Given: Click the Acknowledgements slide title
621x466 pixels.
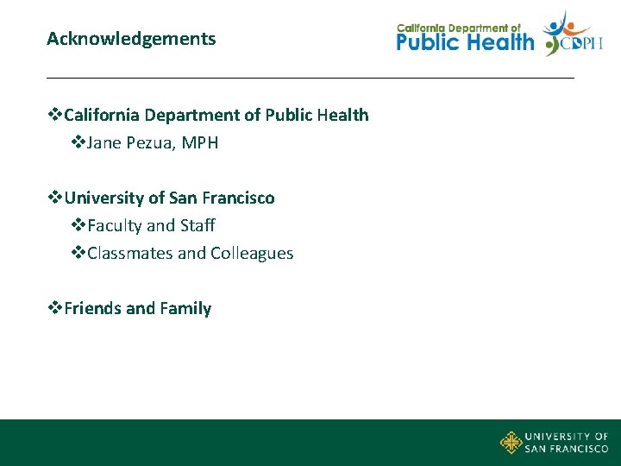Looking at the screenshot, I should click(131, 39).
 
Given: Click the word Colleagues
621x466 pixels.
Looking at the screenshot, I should click(252, 254).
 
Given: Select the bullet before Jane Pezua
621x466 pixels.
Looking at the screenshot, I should click(78, 143).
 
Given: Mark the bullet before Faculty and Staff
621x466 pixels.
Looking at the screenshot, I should click(78, 226).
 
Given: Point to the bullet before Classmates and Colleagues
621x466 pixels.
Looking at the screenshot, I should click(78, 254).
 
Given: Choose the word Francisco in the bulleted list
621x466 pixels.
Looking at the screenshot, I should click(239, 198).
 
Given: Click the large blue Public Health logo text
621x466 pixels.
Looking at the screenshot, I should click(465, 41).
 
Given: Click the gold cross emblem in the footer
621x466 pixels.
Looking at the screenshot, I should click(511, 443).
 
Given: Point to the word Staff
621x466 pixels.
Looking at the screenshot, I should click(198, 226).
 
